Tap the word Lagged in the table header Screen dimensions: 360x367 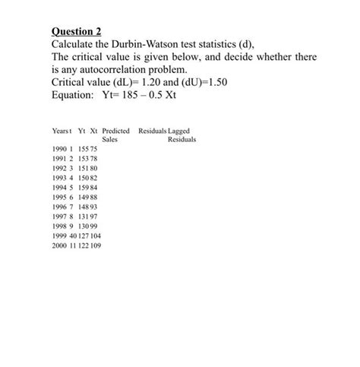point(178,131)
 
